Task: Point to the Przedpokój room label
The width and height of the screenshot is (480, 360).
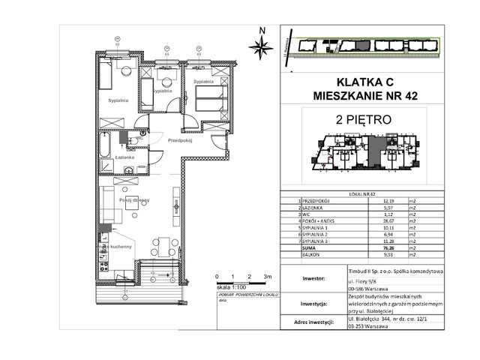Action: tap(181, 141)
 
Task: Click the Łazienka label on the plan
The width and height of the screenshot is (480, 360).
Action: tap(124, 158)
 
